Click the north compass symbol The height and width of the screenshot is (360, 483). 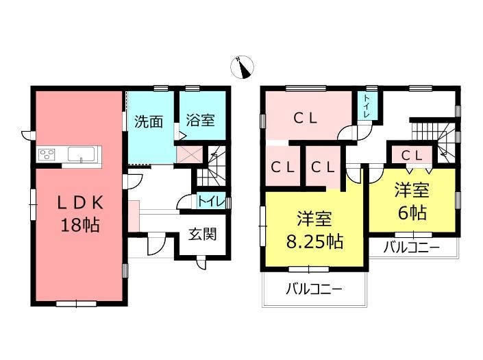(242, 67)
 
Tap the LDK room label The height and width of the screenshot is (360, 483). (80, 204)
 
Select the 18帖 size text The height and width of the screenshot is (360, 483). (80, 225)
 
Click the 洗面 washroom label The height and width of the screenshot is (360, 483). (149, 122)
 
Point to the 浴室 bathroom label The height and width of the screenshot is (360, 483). (200, 120)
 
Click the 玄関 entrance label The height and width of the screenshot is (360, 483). (202, 235)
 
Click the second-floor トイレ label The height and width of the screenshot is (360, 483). (367, 106)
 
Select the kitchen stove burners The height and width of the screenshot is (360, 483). (47, 154)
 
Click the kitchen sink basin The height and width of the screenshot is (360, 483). (82, 154)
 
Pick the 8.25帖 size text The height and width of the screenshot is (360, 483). (315, 241)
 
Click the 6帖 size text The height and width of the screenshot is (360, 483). (412, 213)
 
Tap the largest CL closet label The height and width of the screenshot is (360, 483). (306, 119)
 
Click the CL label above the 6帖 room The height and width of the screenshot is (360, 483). (412, 156)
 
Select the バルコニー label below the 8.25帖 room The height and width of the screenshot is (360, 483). (314, 289)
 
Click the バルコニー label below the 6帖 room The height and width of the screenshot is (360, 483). (411, 248)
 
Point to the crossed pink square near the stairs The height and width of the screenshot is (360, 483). (190, 155)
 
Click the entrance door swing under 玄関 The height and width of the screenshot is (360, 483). (201, 263)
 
